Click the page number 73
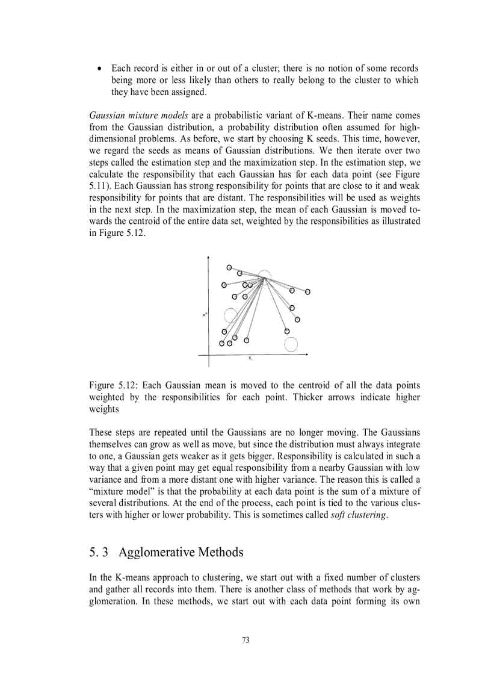click(245, 640)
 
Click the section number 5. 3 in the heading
click(99, 552)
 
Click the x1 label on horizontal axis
click(250, 358)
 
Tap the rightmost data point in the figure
click(307, 292)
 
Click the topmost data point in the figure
click(229, 267)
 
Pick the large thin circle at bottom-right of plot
click(291, 344)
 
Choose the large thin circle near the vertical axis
click(230, 315)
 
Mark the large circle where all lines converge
click(265, 277)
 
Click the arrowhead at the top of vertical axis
click(208, 258)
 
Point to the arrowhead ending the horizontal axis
click(306, 355)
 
